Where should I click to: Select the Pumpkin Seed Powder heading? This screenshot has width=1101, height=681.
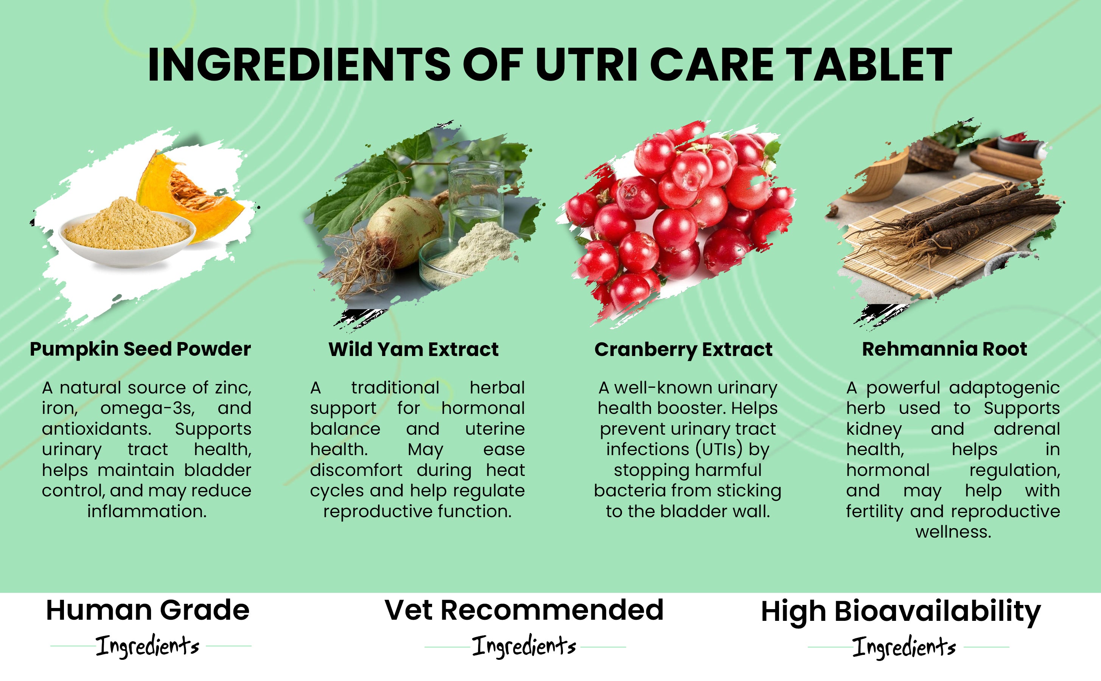[140, 350]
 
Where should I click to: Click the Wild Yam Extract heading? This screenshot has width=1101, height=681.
[414, 350]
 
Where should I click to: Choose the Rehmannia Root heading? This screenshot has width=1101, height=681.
[944, 349]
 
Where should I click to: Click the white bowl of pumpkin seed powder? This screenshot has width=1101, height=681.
[128, 239]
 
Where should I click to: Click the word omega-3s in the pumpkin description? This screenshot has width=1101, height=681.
[148, 409]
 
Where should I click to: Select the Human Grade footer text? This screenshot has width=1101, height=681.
[148, 610]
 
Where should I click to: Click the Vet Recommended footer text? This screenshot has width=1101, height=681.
[524, 610]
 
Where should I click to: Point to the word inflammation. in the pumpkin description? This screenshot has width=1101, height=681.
[147, 511]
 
